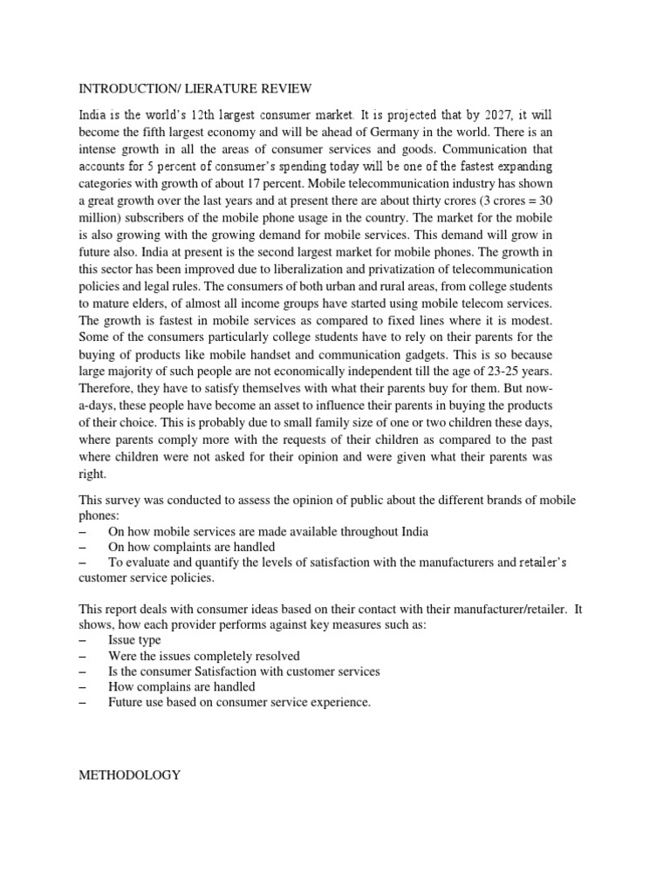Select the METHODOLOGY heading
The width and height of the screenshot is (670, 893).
tap(130, 774)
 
